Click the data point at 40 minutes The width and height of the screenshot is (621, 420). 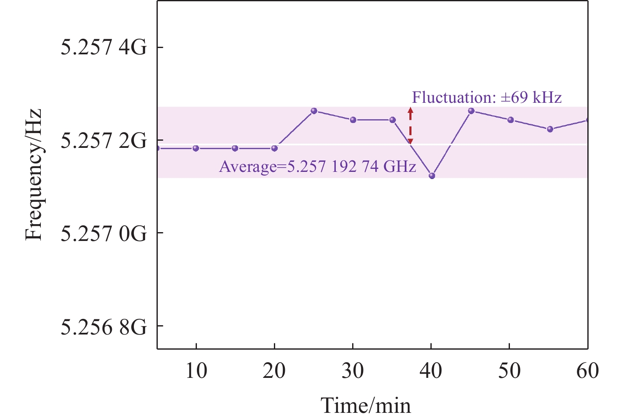(432, 176)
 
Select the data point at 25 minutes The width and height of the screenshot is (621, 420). (314, 111)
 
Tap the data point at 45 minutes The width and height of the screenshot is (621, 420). (471, 111)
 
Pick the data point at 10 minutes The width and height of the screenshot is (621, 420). (196, 148)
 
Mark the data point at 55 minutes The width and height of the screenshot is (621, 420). (550, 129)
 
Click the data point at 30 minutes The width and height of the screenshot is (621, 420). (353, 120)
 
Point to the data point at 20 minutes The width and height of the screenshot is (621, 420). (275, 148)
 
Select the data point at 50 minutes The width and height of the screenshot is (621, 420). (511, 120)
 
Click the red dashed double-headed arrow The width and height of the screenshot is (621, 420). (411, 126)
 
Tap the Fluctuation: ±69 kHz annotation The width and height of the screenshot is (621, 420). (487, 98)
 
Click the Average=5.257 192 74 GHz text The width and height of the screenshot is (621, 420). (318, 167)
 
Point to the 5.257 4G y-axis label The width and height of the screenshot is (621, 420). (104, 48)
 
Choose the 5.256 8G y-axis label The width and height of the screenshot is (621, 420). (104, 326)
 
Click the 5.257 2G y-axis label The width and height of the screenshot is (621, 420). (104, 141)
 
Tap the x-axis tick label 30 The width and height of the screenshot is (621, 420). (353, 371)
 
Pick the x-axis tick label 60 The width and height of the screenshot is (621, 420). (587, 371)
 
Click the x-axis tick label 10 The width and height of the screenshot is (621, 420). (196, 371)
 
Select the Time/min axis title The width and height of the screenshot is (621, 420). (366, 405)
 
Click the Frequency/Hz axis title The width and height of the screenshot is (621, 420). (34, 174)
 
